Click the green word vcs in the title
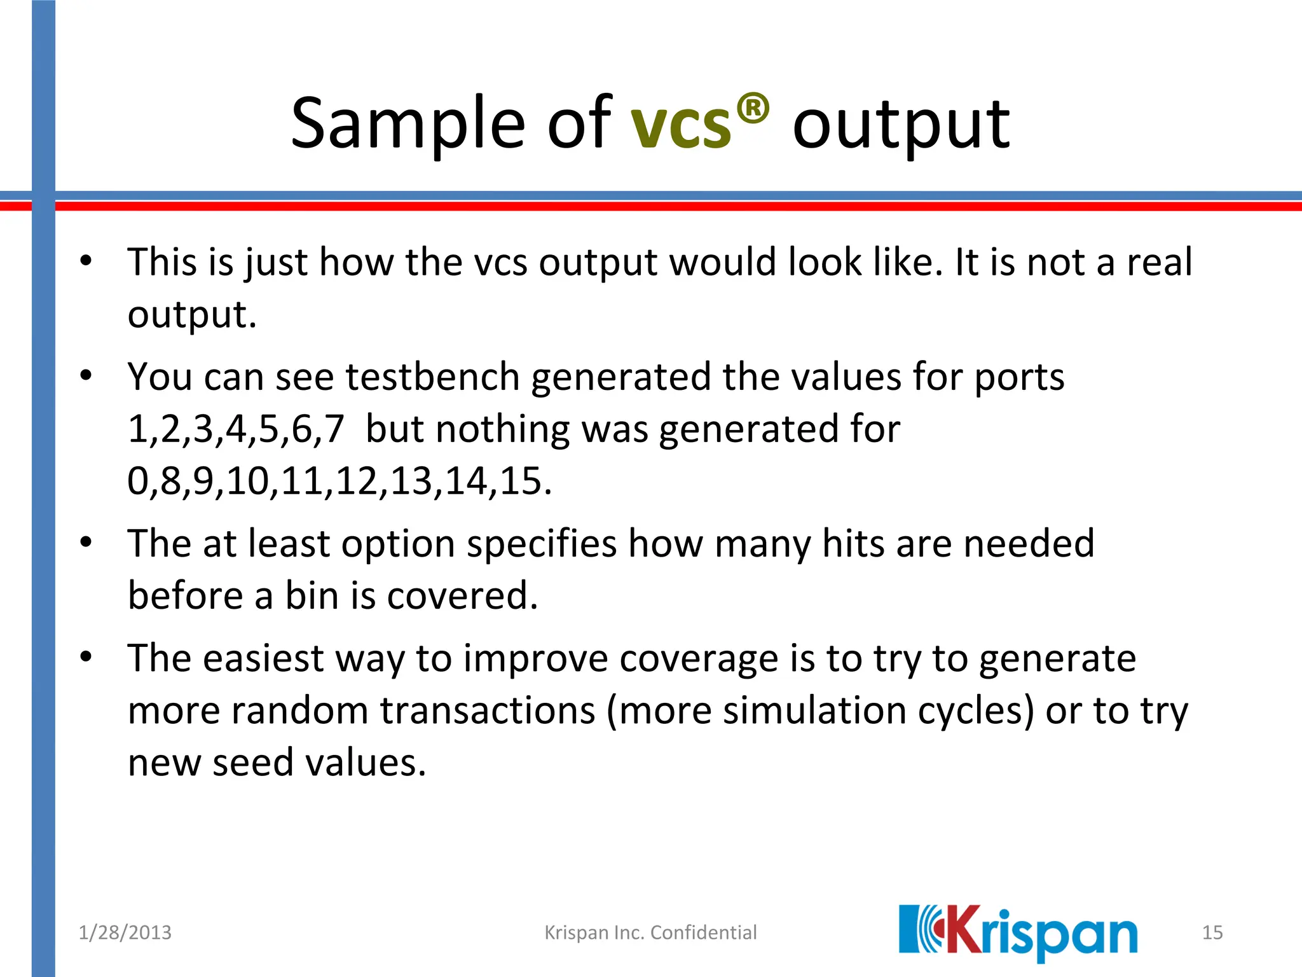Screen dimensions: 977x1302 click(680, 125)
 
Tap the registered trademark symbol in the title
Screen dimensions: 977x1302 click(753, 109)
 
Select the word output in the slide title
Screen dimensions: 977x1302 click(901, 125)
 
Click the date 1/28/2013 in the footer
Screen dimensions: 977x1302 click(125, 932)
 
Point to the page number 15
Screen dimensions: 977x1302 click(1212, 932)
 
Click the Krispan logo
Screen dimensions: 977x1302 click(1018, 932)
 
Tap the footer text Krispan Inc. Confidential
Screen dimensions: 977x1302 click(650, 932)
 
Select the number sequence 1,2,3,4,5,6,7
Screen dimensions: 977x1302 click(236, 429)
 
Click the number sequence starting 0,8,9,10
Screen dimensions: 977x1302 click(339, 481)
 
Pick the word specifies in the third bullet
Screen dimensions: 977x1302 click(542, 544)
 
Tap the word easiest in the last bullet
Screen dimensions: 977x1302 click(263, 658)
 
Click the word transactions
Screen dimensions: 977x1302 click(488, 710)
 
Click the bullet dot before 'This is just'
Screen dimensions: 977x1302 click(86, 261)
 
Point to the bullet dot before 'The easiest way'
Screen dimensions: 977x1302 click(86, 657)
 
